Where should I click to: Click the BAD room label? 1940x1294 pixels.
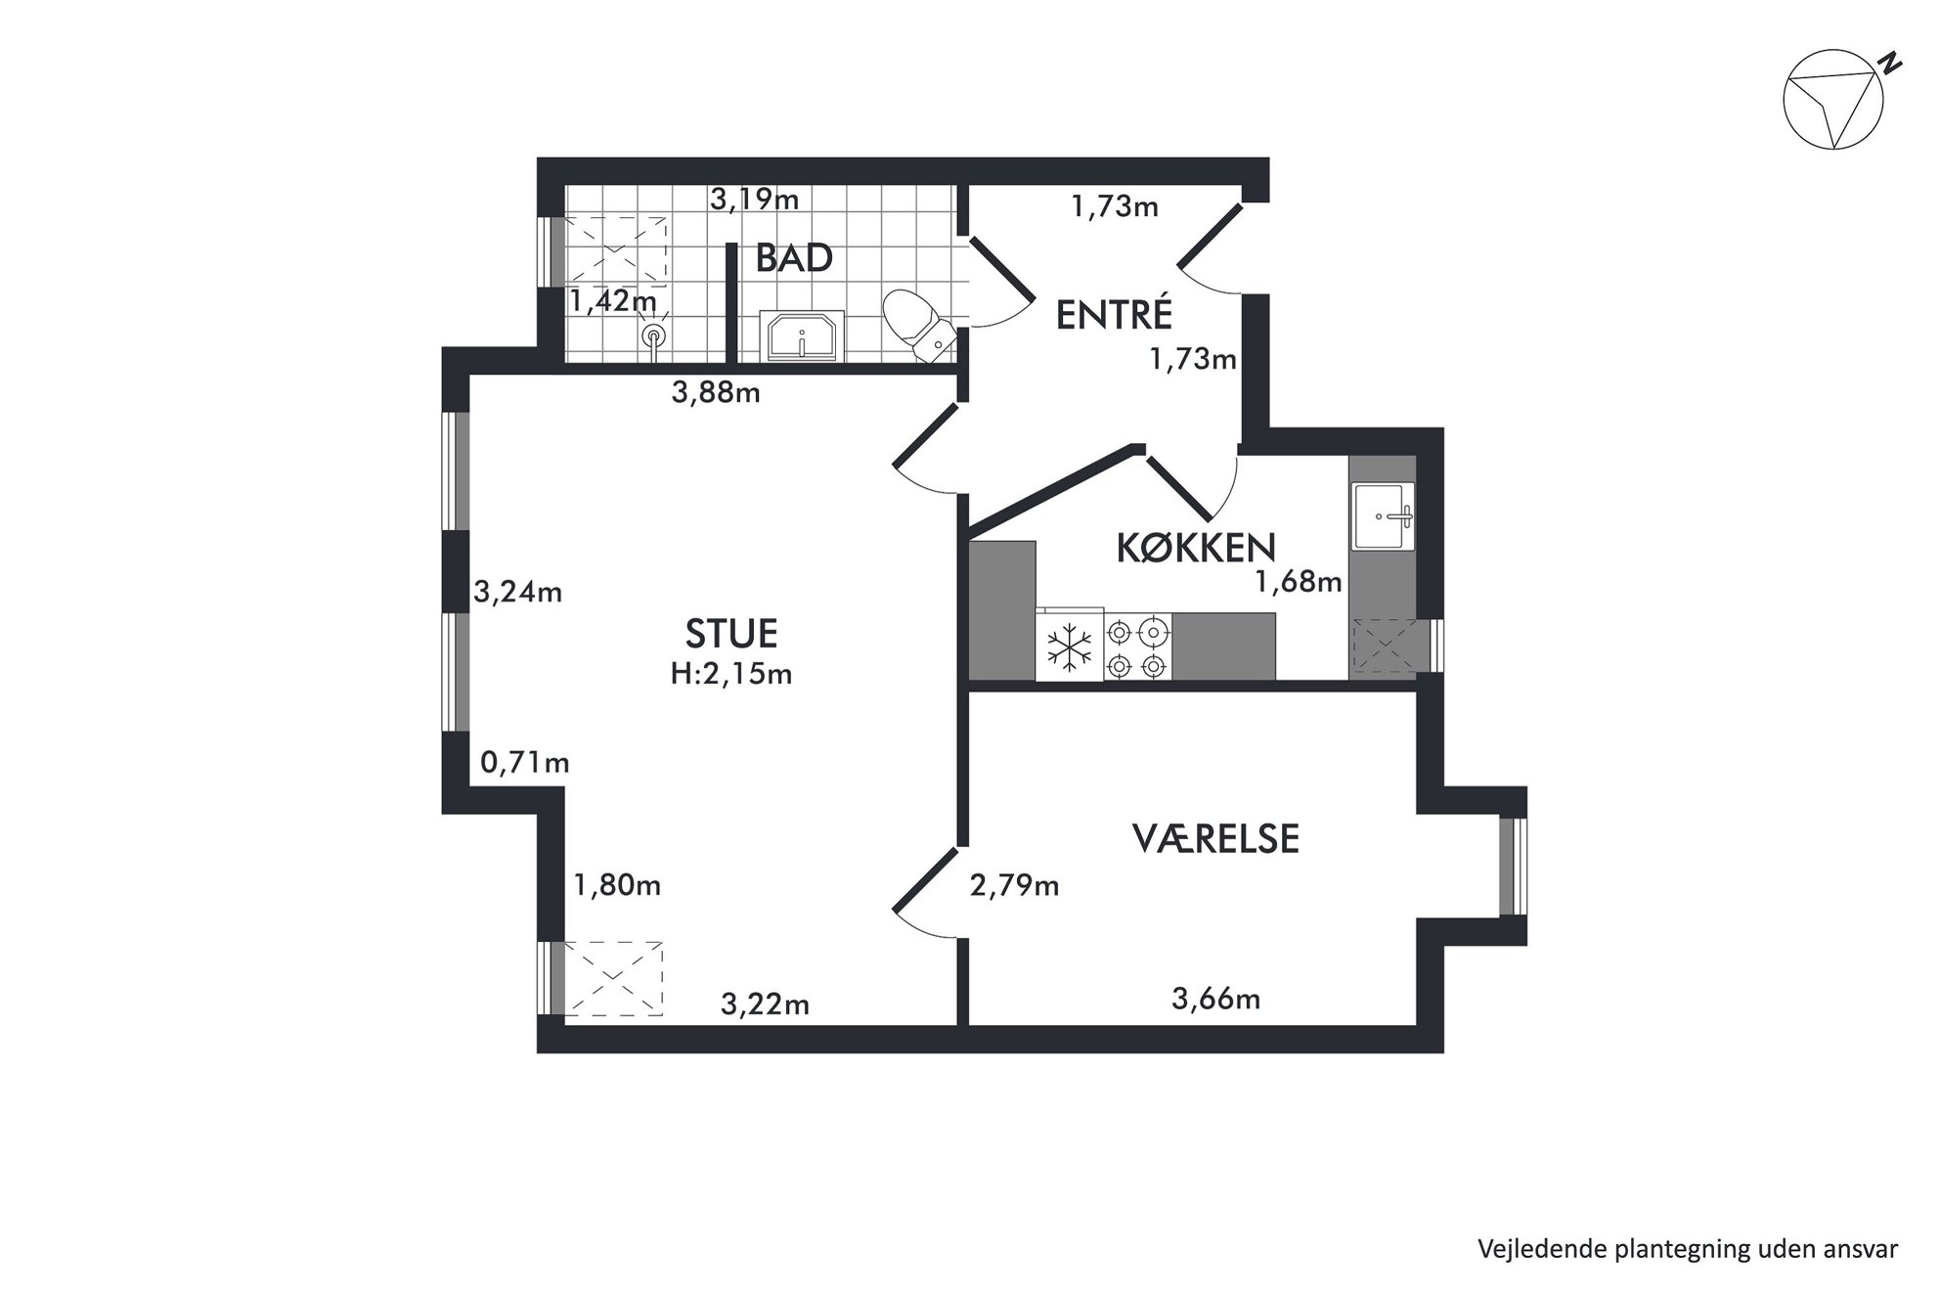tap(794, 258)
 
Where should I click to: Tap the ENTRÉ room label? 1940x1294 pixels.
tap(1114, 315)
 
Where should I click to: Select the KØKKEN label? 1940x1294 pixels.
tap(1196, 549)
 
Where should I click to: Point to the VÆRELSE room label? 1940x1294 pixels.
tap(1215, 839)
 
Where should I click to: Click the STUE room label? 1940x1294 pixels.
tap(731, 634)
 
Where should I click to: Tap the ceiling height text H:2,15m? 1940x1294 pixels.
tap(731, 674)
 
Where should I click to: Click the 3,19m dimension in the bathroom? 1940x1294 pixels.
tap(755, 200)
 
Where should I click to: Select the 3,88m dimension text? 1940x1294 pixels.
tap(716, 393)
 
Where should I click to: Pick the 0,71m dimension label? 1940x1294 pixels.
tap(525, 762)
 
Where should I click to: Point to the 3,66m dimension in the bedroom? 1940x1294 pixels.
tap(1215, 999)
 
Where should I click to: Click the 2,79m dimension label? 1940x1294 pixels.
tap(1014, 886)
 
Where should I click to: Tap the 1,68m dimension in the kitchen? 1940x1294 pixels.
tap(1299, 583)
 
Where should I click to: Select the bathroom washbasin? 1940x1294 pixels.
tap(802, 336)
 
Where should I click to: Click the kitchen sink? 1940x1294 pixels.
tap(1383, 515)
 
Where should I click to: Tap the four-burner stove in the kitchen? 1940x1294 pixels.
tap(1138, 647)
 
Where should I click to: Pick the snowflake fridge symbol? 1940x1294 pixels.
tap(1070, 647)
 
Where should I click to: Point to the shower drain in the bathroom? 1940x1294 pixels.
tap(653, 335)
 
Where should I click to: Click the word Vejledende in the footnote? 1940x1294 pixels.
tap(1527, 1249)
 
